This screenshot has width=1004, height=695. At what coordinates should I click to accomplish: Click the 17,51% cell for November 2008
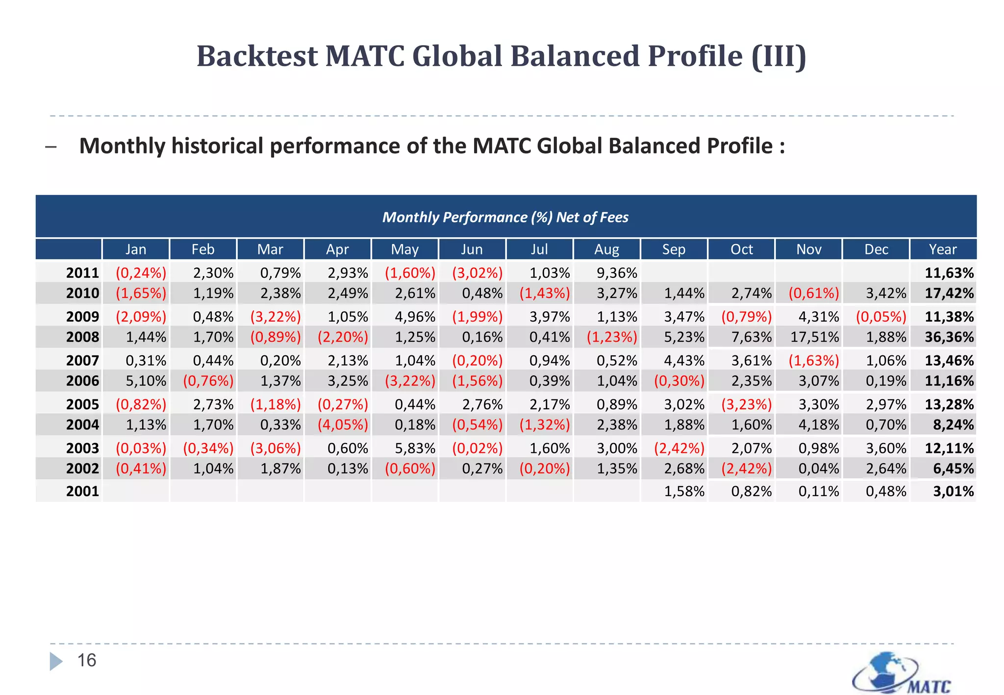click(814, 337)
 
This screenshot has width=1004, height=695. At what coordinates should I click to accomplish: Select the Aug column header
click(606, 249)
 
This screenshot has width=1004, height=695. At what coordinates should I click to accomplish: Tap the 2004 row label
click(82, 424)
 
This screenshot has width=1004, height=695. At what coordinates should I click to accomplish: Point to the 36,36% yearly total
click(949, 337)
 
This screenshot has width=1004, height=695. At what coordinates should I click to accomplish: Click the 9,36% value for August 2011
click(617, 273)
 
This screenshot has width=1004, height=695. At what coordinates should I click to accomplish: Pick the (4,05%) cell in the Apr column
click(343, 424)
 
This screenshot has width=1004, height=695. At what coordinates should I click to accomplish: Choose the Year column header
click(943, 249)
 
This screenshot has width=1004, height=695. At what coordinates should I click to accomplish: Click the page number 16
click(87, 660)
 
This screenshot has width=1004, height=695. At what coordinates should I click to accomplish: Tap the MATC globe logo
click(901, 673)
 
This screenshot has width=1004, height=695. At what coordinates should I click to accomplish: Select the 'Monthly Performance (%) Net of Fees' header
click(505, 217)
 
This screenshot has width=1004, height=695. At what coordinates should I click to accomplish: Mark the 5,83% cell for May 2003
click(415, 448)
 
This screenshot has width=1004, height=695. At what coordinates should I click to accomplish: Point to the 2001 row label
click(82, 491)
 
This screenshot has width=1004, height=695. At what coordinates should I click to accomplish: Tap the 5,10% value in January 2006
click(146, 381)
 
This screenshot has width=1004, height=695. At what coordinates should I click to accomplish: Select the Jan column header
click(136, 249)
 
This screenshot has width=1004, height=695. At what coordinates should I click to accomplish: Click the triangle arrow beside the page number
click(56, 661)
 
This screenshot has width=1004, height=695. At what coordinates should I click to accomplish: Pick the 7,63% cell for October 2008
click(751, 337)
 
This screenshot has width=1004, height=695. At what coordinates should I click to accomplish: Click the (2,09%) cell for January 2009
click(141, 317)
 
